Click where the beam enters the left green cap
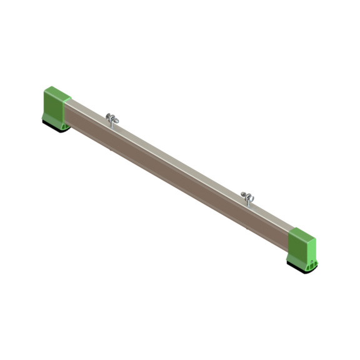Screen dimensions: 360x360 (x=67, y=109)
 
